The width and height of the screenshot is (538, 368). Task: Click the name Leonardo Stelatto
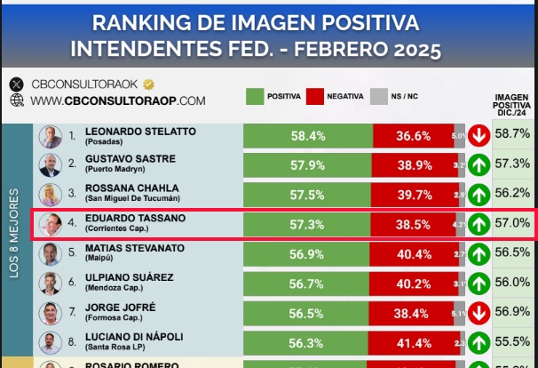point(139,132)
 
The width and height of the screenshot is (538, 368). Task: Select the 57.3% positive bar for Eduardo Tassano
point(307,226)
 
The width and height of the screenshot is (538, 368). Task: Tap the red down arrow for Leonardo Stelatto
point(479,136)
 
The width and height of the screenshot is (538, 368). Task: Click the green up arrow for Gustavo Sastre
point(479,165)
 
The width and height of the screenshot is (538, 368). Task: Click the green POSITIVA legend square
point(254,95)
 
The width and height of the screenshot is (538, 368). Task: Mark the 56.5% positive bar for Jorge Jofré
point(307,313)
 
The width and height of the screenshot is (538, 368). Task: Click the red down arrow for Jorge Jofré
point(479,313)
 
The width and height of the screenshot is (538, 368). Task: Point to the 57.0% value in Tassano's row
point(512,225)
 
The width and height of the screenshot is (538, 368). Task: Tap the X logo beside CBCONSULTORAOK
point(16,84)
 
